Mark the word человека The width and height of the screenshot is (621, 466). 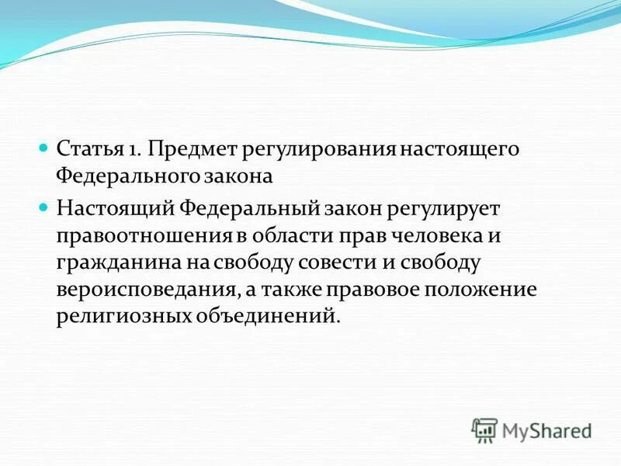click(x=435, y=236)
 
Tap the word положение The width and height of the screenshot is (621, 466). click(x=483, y=290)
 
